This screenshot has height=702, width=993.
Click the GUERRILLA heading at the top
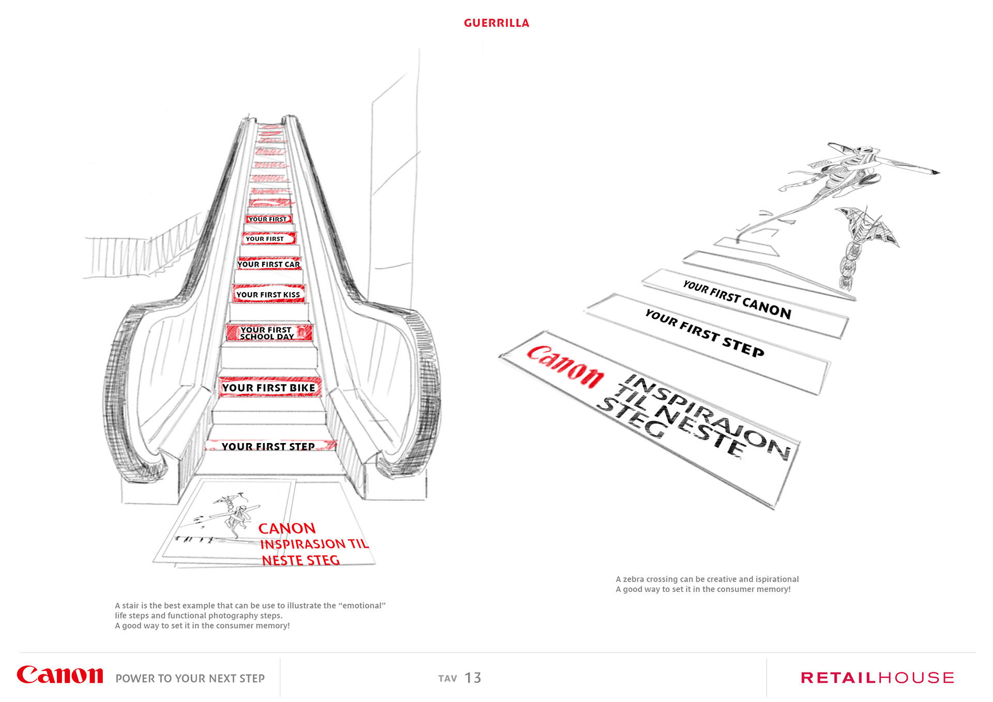(496, 23)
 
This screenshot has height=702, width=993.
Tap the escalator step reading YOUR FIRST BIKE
(268, 388)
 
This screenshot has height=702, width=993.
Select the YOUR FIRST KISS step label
(268, 295)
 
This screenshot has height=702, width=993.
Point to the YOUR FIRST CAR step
(268, 264)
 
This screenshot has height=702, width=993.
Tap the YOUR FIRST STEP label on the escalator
(268, 446)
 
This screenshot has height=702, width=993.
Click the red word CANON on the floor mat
(287, 528)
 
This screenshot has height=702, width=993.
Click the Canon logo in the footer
(60, 676)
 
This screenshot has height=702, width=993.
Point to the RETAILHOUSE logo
(877, 678)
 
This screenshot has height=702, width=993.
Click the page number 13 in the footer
(473, 678)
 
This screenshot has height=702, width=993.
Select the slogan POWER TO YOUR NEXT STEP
(190, 678)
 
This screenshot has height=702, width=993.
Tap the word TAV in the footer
(447, 678)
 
